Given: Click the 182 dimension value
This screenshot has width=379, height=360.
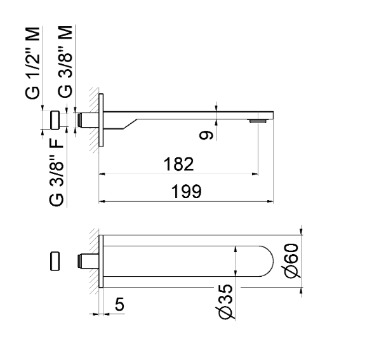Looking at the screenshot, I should click(178, 164).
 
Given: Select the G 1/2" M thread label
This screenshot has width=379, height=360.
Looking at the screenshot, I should click(36, 63).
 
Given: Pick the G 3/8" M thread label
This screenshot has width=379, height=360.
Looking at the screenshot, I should click(65, 63).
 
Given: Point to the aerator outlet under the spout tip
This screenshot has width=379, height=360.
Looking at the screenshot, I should click(257, 121).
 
